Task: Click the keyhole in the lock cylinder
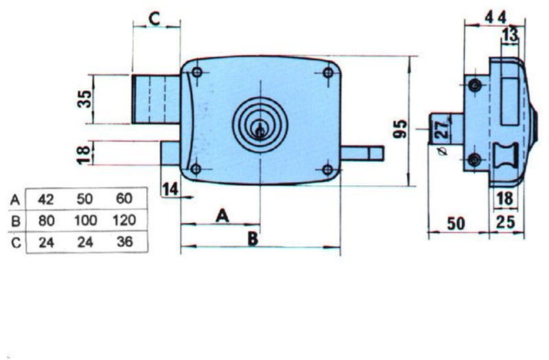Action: [260, 128]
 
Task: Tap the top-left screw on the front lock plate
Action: [197, 73]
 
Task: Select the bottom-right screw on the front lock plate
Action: [327, 169]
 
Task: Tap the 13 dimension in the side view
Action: [509, 35]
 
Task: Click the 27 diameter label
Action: [442, 128]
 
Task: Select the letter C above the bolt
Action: [154, 19]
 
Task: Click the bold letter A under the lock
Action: [222, 216]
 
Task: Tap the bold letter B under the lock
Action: [253, 238]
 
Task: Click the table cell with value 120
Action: [124, 221]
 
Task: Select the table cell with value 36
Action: [124, 242]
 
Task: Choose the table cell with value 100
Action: [85, 221]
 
